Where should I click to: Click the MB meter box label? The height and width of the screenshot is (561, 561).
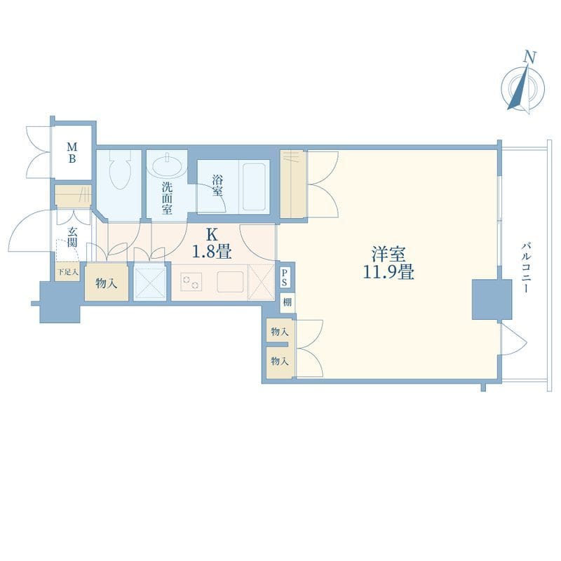[72, 152]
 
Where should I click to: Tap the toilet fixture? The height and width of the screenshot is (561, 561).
[120, 169]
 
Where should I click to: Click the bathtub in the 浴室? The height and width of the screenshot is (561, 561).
[255, 187]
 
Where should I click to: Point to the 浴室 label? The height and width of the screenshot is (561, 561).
[217, 185]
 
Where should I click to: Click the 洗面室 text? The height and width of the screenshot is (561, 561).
[167, 198]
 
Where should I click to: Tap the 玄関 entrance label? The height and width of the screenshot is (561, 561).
[72, 236]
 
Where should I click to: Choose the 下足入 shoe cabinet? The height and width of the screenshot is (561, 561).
[68, 271]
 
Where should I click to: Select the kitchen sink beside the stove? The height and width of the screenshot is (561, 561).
[231, 282]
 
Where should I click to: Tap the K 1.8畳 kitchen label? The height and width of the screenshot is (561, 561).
[212, 244]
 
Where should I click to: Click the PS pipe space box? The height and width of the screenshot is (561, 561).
[284, 277]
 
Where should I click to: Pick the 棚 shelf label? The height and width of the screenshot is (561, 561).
[288, 303]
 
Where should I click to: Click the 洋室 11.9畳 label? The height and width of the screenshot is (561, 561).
[388, 263]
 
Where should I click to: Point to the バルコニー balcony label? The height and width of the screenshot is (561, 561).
[525, 268]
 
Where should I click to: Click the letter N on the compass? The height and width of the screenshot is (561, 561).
[530, 58]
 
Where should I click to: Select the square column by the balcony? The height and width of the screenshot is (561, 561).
[492, 299]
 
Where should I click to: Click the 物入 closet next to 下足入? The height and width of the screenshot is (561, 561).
[107, 282]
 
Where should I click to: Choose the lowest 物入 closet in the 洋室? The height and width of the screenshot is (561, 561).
[280, 362]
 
